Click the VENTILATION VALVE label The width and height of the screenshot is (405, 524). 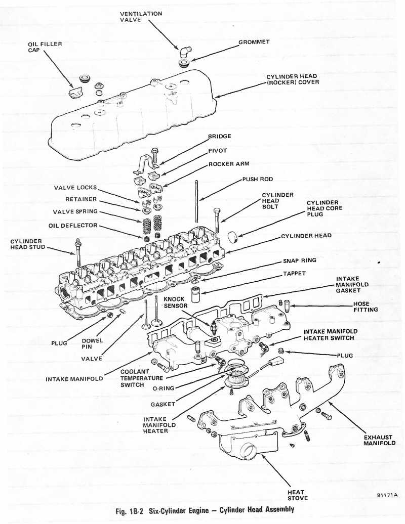[x=141, y=16]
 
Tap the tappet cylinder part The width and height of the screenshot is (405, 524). [x=196, y=294]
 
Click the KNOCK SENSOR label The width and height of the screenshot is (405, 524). [x=174, y=302]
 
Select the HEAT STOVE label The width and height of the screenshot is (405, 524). [x=296, y=495]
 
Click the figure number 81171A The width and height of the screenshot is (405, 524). [x=387, y=496]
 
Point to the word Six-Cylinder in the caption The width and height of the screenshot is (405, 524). [x=168, y=509]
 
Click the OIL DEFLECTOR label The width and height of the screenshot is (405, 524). [x=73, y=225]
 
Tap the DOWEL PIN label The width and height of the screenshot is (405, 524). [x=92, y=344]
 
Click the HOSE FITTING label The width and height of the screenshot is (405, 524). [x=368, y=307]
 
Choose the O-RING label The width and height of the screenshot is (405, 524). [x=164, y=389]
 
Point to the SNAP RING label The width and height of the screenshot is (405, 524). [x=300, y=260]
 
